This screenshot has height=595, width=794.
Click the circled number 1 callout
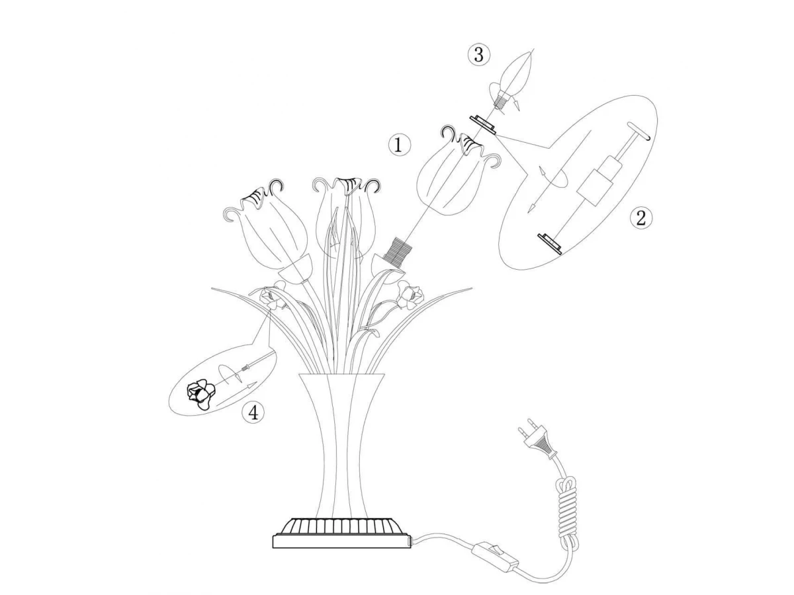coord(399,145)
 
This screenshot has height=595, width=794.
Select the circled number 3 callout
coord(478,56)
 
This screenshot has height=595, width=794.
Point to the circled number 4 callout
coord(253,413)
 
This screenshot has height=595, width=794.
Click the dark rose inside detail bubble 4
coord(200,395)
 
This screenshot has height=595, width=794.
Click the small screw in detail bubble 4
coord(246,368)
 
